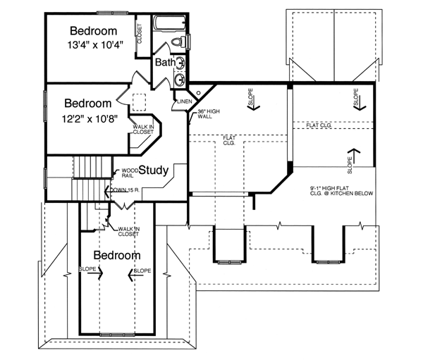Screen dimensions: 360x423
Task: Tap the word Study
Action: pos(153,170)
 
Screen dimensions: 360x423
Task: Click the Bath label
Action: pos(165,63)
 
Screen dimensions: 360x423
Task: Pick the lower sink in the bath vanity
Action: pos(180,79)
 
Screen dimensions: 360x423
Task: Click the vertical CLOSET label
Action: pos(140,33)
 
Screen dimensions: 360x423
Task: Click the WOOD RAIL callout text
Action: pos(129,173)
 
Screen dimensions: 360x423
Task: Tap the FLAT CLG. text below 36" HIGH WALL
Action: pos(229,139)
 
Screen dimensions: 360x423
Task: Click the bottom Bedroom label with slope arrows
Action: pos(117,254)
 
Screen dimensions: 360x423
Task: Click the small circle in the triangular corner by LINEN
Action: pos(199,92)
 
